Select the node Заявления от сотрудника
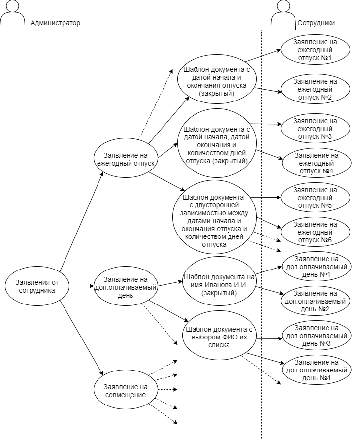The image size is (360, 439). coord(37,286)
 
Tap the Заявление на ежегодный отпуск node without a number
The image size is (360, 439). coord(126,158)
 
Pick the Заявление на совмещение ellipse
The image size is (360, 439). coord(126,390)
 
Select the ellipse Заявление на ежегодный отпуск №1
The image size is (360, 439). coord(315,50)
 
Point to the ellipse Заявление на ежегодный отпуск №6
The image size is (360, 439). coord(315,232)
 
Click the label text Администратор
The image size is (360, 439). coord(55,23)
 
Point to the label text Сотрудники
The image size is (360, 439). coord(316,23)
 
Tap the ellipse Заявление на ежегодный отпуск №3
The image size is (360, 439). coord(315,128)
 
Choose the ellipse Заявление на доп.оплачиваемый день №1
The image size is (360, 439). coord(315,267)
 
